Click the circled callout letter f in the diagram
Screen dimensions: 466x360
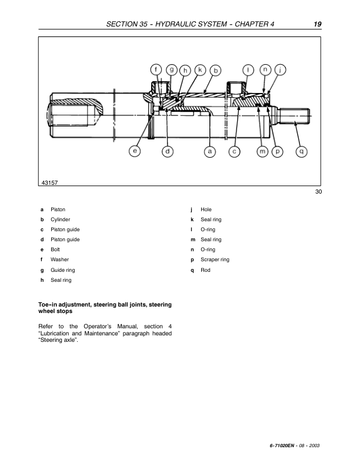pos(156,69)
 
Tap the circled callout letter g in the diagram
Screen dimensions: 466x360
pos(172,69)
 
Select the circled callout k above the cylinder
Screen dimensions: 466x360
pos(201,69)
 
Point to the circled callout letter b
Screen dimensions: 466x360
pos(215,70)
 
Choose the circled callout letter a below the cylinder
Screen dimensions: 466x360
pos(209,151)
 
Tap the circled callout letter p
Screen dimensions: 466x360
pos(278,151)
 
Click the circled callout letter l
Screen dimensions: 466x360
pos(249,69)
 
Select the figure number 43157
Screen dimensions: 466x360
pos(51,183)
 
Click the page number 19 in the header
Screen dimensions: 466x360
pos(317,24)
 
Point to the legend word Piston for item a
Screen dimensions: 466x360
pos(58,209)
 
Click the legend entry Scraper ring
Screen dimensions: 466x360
pos(215,259)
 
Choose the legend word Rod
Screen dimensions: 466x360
pos(205,269)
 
